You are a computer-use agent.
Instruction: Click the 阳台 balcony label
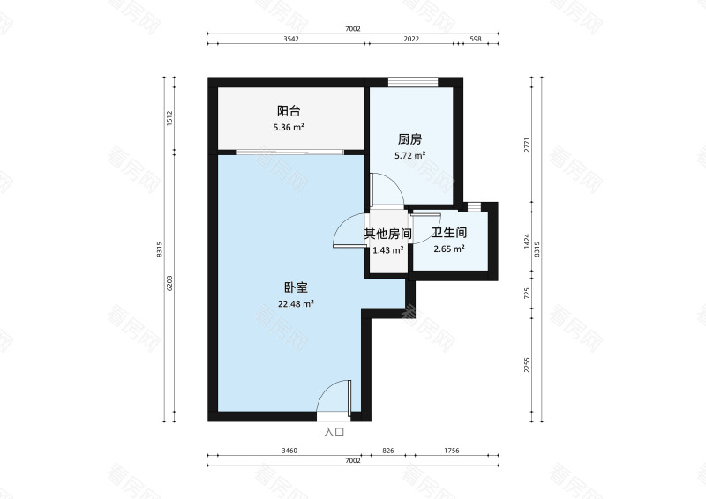[289, 111]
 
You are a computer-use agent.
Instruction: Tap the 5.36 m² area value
[289, 127]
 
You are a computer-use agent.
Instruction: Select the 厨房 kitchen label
[409, 139]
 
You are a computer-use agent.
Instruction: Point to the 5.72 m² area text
[409, 155]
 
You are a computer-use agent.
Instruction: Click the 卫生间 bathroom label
[448, 234]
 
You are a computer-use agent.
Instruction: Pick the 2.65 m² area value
[448, 249]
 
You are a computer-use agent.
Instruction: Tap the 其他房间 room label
[388, 234]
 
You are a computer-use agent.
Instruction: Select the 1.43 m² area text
[388, 249]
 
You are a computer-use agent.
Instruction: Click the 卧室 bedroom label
[296, 287]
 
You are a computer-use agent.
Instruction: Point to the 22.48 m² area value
[296, 304]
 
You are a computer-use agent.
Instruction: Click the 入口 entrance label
[334, 432]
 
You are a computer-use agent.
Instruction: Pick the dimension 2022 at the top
[410, 40]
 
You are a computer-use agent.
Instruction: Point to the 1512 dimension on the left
[169, 118]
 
